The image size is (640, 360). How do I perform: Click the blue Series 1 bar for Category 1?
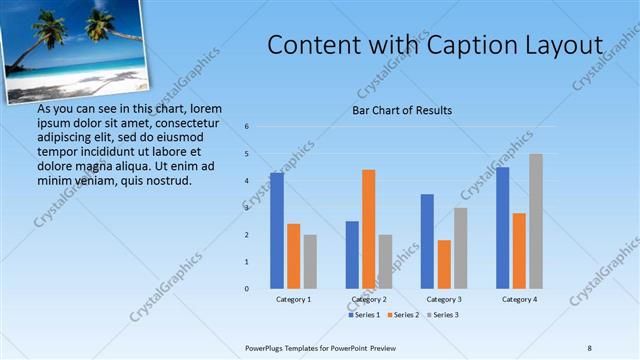[276, 231]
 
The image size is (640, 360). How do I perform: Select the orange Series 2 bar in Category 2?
[368, 229]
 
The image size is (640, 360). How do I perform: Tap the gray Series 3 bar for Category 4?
[536, 221]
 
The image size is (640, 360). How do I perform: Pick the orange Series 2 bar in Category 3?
[444, 264]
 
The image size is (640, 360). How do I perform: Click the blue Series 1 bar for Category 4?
[502, 228]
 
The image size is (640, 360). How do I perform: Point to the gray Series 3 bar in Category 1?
[310, 262]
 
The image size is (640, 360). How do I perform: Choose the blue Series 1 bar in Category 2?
[352, 255]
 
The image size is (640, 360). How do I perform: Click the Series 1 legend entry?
[364, 315]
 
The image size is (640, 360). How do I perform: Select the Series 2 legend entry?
[404, 315]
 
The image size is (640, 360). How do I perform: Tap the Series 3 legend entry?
[444, 315]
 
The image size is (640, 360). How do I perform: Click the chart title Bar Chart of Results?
[402, 110]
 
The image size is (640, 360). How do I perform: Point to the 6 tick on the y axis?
[246, 127]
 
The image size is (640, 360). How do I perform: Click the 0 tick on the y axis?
[246, 289]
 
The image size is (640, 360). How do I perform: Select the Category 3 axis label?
[444, 299]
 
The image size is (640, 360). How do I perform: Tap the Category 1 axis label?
[293, 299]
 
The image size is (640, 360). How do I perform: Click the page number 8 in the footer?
[589, 347]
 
